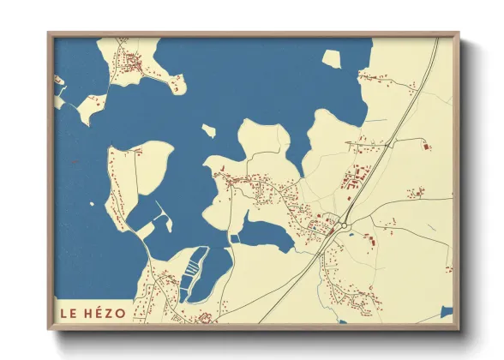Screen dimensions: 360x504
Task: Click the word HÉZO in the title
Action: (103, 313)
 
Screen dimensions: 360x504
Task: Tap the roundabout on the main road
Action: (344, 225)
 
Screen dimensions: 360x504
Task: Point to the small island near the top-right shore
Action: (332, 59)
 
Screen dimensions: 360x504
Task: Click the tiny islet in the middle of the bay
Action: (208, 131)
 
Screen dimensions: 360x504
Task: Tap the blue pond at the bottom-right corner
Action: (446, 311)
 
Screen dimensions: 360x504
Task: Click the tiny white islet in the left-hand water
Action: (93, 206)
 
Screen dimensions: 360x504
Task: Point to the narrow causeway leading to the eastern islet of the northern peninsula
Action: (163, 77)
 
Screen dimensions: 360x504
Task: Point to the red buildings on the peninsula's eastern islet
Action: (177, 83)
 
